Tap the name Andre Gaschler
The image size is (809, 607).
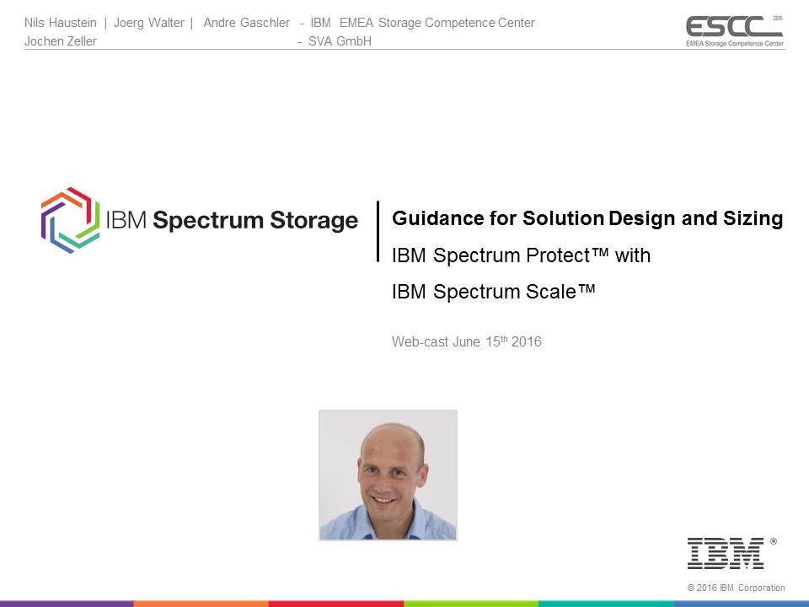point(246,23)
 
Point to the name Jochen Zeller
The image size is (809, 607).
point(61,41)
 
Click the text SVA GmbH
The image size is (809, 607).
point(340,41)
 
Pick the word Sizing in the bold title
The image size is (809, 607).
point(757,219)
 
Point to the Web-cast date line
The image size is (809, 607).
point(467,342)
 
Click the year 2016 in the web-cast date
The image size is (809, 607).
point(527,342)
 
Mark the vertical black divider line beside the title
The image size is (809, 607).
point(378,231)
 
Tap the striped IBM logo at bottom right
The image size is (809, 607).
point(726,553)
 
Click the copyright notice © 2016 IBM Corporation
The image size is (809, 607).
point(736,588)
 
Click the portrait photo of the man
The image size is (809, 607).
point(388,475)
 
